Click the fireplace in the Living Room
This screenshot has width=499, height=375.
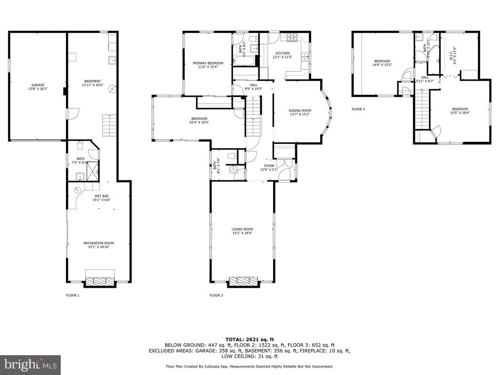pos(243,282)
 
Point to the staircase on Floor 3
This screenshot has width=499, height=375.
pos(422,109)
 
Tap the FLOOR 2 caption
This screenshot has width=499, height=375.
pos(216,296)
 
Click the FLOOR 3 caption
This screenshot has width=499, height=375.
pos(358,109)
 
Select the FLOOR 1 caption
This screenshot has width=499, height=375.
pos(72,296)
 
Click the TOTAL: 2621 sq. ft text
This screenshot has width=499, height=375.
pos(249,339)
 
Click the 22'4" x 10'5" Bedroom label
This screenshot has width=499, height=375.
pos(199,121)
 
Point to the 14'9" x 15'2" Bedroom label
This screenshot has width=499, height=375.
pos(382,63)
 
